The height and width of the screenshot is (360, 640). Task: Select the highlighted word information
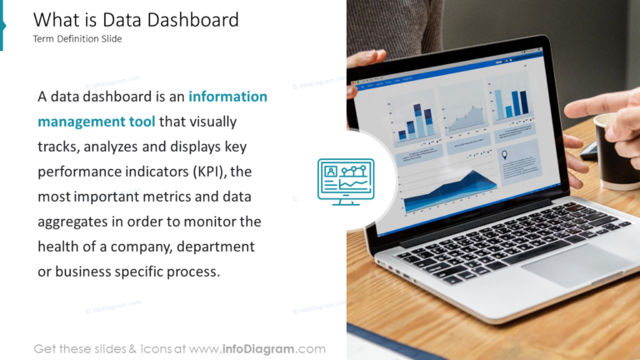228,97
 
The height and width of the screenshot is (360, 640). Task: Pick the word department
214,247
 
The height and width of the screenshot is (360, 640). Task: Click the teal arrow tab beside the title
2,25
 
